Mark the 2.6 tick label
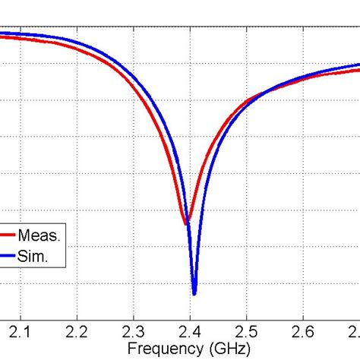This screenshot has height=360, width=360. [x=303, y=333]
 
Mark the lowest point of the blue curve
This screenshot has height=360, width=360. [x=194, y=293]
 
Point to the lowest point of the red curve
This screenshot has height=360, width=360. [x=185, y=223]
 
